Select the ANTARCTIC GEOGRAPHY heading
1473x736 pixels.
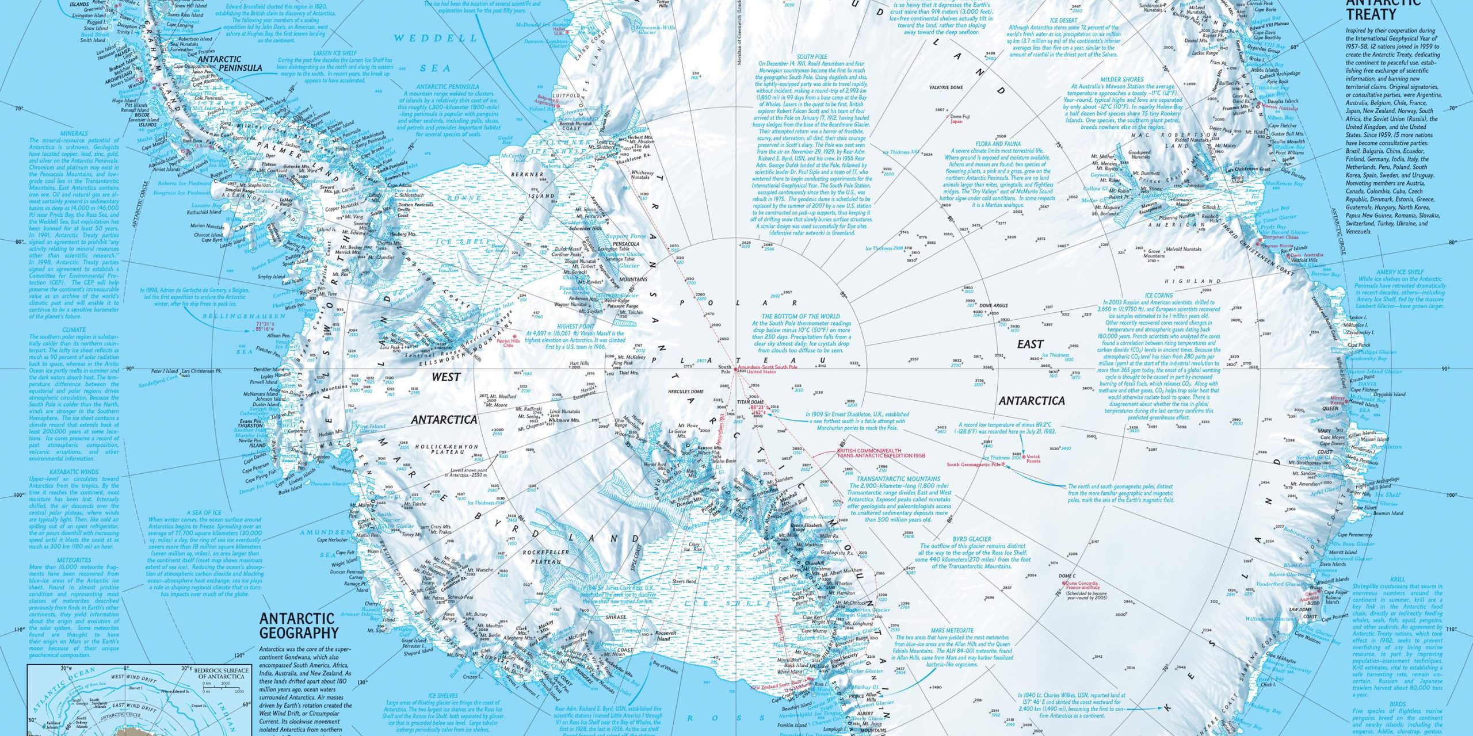[x=298, y=626]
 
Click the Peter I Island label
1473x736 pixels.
[x=165, y=372]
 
